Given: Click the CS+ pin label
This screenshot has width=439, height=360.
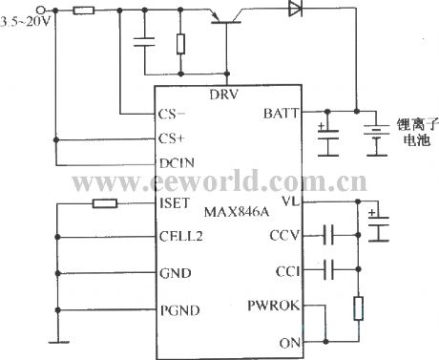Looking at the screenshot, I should (172, 138).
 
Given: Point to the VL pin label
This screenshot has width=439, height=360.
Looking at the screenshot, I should (292, 202).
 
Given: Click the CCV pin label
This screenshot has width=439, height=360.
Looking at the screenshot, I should (284, 235).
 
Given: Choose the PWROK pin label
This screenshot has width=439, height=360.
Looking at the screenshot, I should (277, 307).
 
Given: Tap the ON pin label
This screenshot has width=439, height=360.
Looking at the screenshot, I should (290, 342).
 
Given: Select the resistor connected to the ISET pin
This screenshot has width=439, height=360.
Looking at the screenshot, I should (103, 202).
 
